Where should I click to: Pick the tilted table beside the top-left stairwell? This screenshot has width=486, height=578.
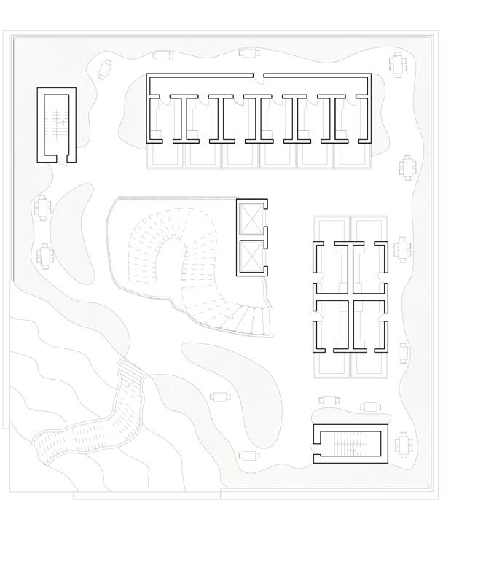(103, 68)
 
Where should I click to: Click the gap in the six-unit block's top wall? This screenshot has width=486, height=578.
(259, 75)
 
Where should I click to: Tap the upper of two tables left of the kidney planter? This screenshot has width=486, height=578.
(41, 207)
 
